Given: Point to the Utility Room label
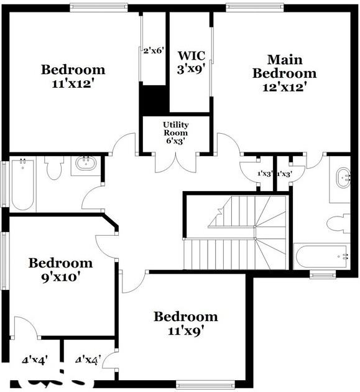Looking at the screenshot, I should (176, 133).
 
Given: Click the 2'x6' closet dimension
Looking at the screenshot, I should (153, 51).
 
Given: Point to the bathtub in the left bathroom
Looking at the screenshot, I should (22, 184).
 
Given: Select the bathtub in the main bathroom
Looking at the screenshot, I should (321, 256).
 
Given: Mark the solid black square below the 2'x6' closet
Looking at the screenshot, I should (153, 99).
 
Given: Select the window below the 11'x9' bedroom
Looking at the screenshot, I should (205, 385).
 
